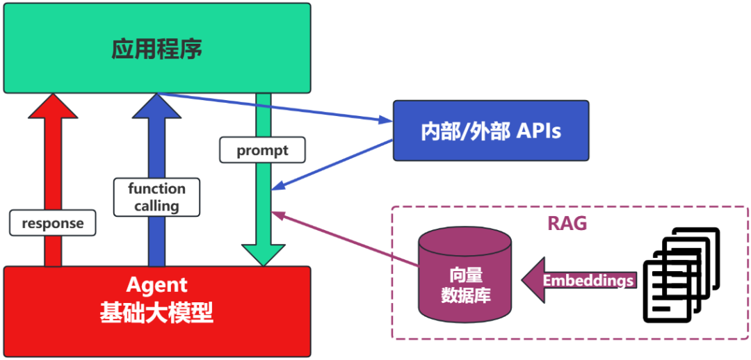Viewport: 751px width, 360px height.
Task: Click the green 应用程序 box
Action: [157, 48]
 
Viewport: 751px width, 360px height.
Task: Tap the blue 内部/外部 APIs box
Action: [491, 131]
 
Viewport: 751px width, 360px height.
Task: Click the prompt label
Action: [262, 150]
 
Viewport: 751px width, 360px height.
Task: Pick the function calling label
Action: [156, 197]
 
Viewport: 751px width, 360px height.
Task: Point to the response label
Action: [52, 223]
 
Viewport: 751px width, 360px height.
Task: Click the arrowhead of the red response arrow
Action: [53, 106]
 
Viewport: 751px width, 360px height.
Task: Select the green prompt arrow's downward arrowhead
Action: [263, 254]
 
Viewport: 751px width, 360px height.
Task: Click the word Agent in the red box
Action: [157, 285]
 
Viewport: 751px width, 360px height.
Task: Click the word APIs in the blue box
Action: [538, 131]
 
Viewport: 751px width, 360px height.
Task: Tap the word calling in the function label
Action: [156, 206]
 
